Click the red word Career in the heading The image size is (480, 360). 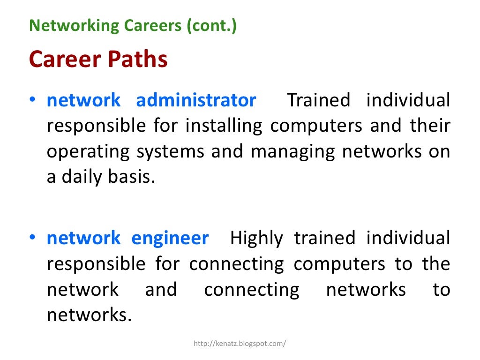pyautogui.click(x=66, y=60)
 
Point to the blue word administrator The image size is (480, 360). pyautogui.click(x=196, y=100)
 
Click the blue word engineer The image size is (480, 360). pyautogui.click(x=170, y=238)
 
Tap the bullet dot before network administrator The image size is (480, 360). pyautogui.click(x=33, y=101)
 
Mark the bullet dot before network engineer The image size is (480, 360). pyautogui.click(x=33, y=239)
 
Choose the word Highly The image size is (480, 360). pyautogui.click(x=256, y=238)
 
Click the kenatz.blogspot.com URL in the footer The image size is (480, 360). pyautogui.click(x=240, y=344)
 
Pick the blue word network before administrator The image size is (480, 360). pyautogui.click(x=83, y=100)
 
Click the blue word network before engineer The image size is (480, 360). pyautogui.click(x=83, y=238)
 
